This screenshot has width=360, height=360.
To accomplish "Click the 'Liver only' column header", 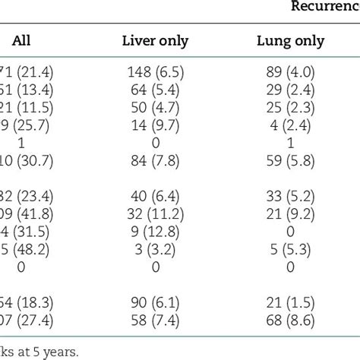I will (156, 42).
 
